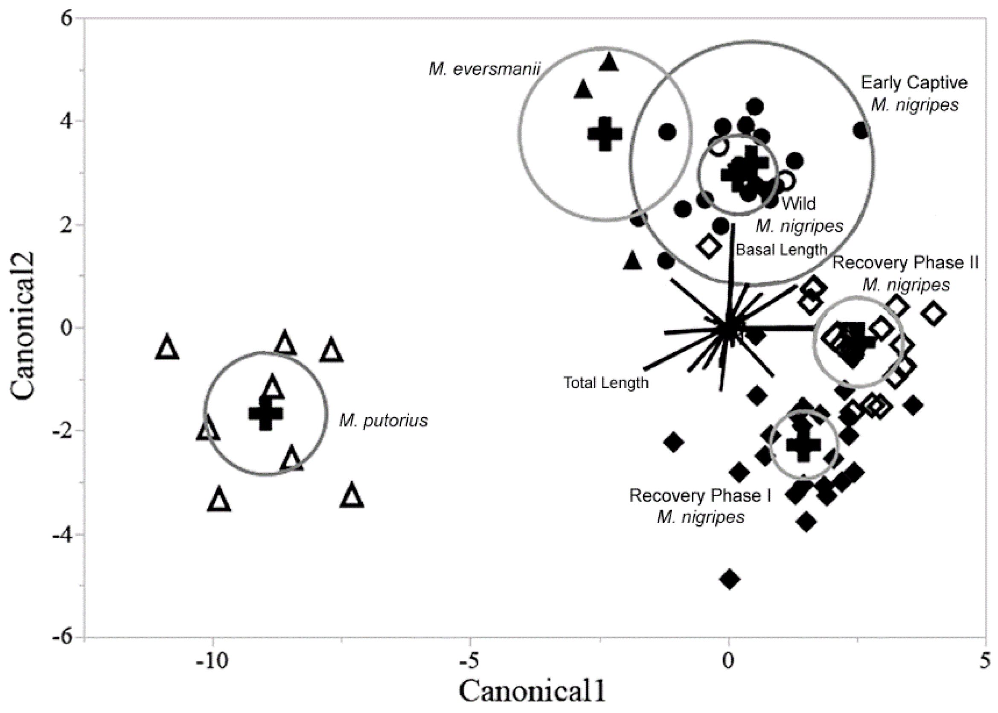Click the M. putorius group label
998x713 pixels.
(383, 421)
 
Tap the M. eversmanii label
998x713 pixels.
(484, 70)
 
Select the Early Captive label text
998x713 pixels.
(914, 82)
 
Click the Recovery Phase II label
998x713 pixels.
(905, 262)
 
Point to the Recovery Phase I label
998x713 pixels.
(700, 495)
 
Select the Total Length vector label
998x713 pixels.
(606, 383)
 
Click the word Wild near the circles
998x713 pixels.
(798, 203)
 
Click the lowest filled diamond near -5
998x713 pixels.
(730, 579)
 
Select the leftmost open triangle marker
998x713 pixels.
(167, 348)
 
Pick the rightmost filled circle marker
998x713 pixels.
(861, 131)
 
